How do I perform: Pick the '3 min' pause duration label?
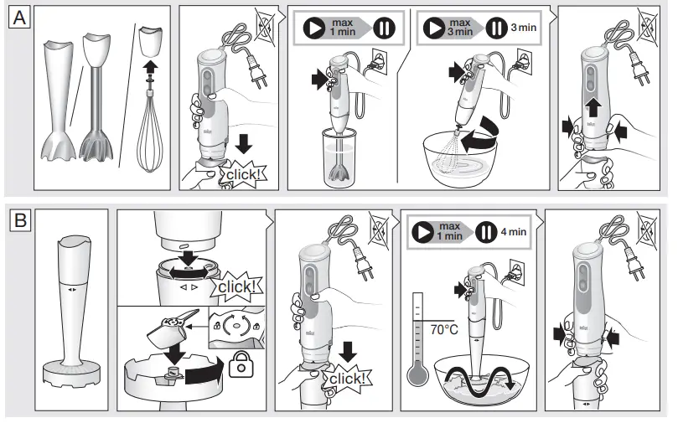pos(524,28)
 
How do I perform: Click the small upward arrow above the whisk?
pos(148,66)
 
